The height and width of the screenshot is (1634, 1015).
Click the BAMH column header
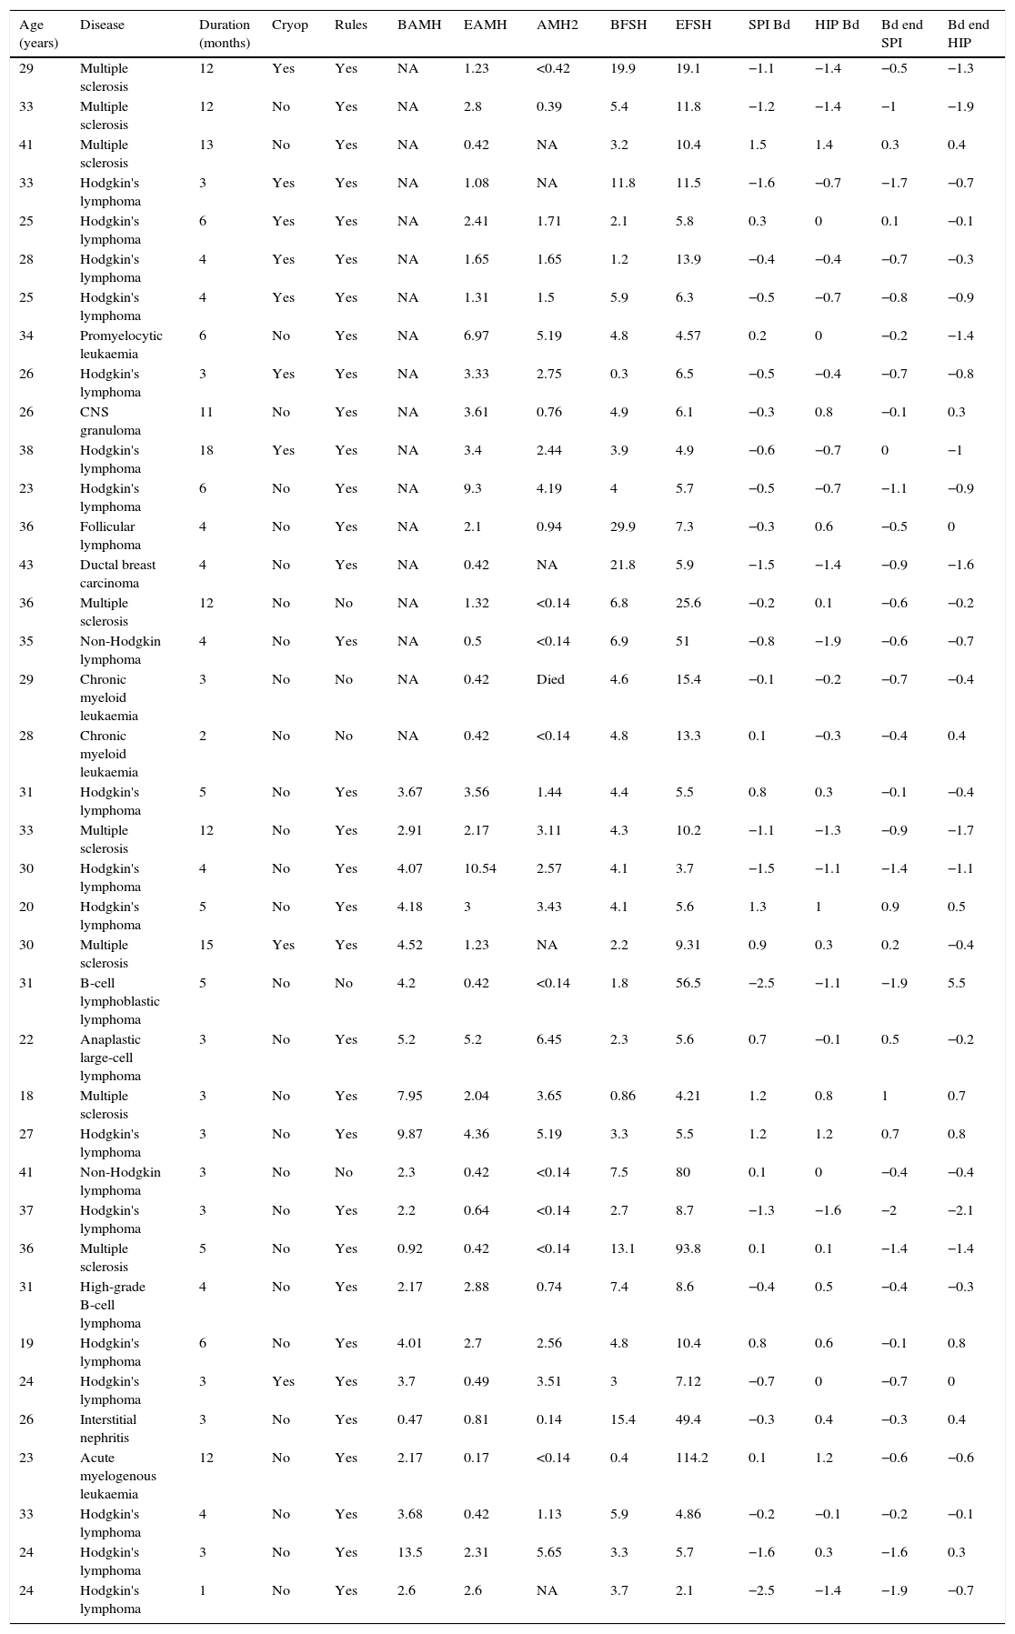click(418, 25)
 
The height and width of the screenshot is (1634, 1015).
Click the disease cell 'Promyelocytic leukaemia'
click(121, 345)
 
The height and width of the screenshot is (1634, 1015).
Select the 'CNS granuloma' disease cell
click(106, 421)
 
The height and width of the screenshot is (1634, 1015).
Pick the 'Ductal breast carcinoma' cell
click(117, 574)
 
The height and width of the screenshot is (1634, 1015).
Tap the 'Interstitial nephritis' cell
click(110, 1428)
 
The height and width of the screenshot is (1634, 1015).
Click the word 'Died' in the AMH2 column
click(550, 679)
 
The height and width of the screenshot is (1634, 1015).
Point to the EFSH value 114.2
click(691, 1458)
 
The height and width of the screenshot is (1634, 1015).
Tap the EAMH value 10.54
click(479, 868)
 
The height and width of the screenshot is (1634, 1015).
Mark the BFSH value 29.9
click(622, 526)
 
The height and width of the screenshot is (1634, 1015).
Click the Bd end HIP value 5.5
click(956, 983)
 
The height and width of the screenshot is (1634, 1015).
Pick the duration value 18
click(206, 450)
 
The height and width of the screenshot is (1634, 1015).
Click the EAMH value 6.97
click(476, 336)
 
